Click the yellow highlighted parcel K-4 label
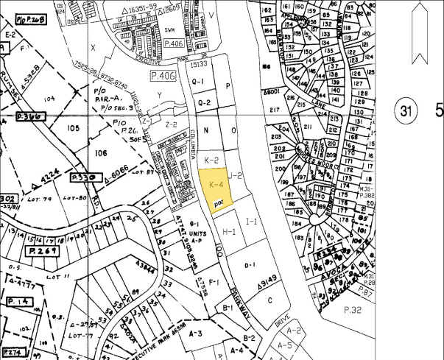216,184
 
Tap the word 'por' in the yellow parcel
218,200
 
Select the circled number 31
404,111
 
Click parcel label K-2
211,159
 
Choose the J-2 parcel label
236,175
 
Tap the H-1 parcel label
229,231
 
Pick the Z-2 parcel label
172,124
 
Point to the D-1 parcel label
249,264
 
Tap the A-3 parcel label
195,333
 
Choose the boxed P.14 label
16,302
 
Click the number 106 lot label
102,153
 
